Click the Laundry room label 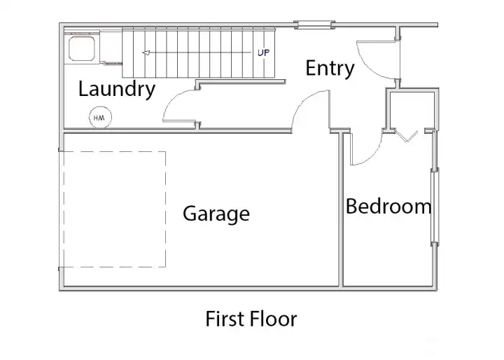point(117,89)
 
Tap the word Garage point(216,214)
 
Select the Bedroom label point(388,206)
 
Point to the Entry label point(330,68)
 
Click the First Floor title point(251,319)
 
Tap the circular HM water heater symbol point(100,118)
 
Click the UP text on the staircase point(263,53)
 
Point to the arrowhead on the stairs point(146,53)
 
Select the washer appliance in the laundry point(82,48)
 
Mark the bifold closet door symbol point(407,135)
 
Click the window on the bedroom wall point(434,206)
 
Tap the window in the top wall point(314,25)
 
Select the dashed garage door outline point(165,209)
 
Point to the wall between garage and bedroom point(341,209)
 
